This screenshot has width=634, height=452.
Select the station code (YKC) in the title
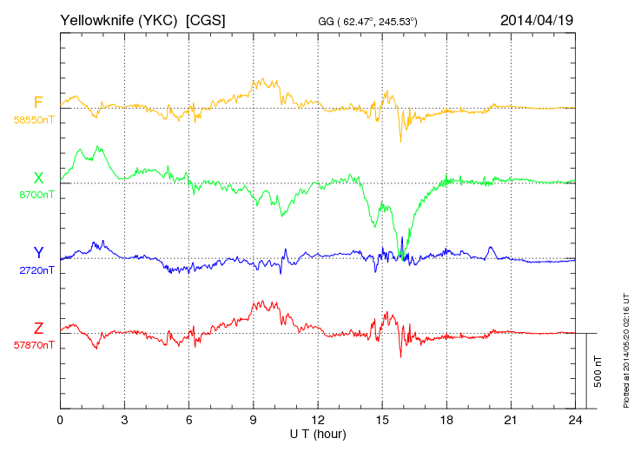tap(157, 19)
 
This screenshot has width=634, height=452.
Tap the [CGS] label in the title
tap(206, 19)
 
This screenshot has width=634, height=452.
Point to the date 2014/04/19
tap(537, 19)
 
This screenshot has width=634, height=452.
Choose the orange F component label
tap(38, 103)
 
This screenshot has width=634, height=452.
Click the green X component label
tap(38, 177)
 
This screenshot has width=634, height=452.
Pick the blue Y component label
tap(38, 253)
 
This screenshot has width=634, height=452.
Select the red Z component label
tap(38, 328)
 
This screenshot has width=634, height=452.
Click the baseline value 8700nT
tap(36, 195)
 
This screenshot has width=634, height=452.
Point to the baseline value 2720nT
tap(36, 270)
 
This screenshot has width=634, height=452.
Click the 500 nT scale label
tap(598, 371)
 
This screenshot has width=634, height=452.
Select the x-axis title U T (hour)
tap(318, 433)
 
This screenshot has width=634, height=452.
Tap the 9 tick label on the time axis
tap(254, 420)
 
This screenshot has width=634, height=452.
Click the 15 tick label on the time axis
tap(382, 420)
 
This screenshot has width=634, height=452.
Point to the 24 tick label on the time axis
tap(575, 420)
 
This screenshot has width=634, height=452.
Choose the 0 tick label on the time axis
tap(60, 420)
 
